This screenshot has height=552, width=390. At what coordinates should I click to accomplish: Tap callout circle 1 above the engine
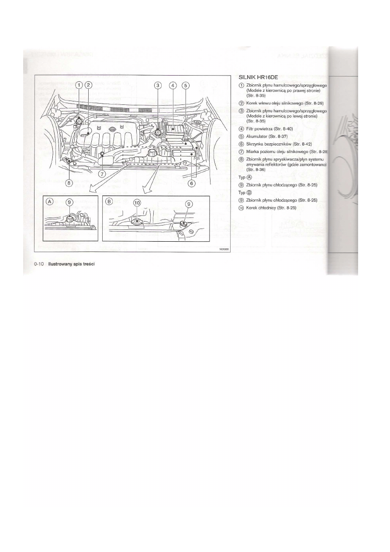click(x=79, y=85)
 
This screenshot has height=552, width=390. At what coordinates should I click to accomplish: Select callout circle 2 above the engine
click(x=88, y=85)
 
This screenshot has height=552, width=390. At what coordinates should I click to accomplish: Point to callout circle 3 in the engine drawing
click(x=158, y=85)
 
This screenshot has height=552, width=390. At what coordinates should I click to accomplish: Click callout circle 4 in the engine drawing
click(x=173, y=85)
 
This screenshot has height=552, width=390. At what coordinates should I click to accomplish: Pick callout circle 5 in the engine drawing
click(x=185, y=85)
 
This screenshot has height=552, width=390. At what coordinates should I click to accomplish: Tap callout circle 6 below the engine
click(x=191, y=184)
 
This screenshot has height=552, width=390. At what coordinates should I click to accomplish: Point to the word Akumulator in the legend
click(x=257, y=136)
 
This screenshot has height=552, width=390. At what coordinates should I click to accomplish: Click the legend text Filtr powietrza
click(x=262, y=128)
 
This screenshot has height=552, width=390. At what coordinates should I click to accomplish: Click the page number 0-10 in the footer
click(x=39, y=264)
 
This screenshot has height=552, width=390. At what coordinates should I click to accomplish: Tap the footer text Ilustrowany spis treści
click(x=72, y=264)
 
